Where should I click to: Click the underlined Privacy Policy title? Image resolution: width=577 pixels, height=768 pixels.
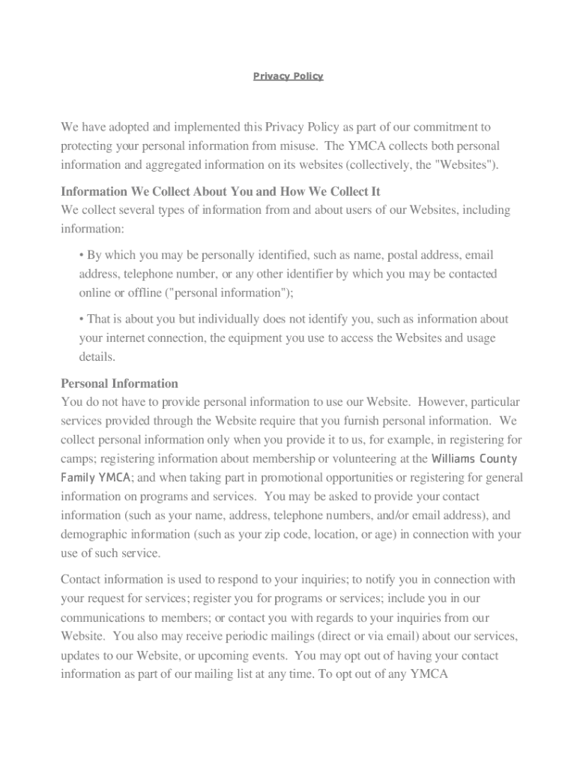pyautogui.click(x=288, y=76)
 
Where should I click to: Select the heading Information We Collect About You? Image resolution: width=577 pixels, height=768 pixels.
pyautogui.click(x=220, y=191)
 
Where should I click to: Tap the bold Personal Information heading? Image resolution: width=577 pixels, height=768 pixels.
pyautogui.click(x=119, y=383)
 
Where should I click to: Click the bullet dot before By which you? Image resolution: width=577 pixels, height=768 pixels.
pyautogui.click(x=82, y=256)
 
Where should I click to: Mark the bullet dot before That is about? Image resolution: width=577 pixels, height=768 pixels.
pyautogui.click(x=82, y=319)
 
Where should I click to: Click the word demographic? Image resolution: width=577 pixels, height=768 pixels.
pyautogui.click(x=95, y=535)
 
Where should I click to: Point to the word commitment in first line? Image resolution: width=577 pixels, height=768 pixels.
pyautogui.click(x=448, y=127)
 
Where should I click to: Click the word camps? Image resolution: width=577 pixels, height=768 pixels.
pyautogui.click(x=77, y=458)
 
